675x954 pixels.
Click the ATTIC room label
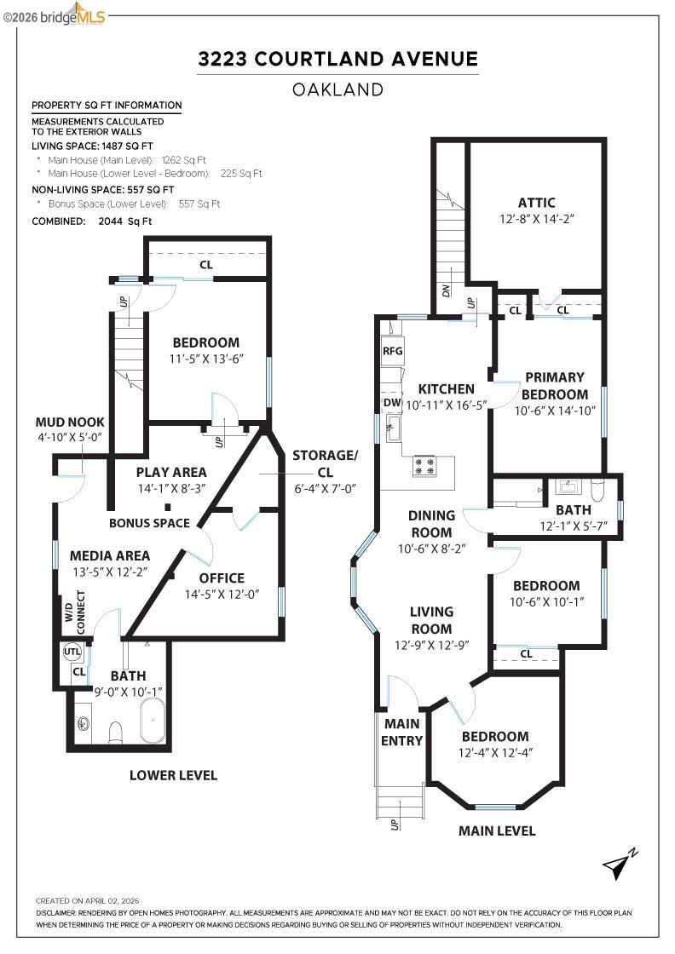coord(536,203)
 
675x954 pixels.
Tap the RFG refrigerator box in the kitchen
coord(392,350)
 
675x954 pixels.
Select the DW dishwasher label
coord(392,402)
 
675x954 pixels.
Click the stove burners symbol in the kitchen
coord(424,466)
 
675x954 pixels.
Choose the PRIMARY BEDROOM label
coord(554,386)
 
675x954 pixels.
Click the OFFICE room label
coord(222,578)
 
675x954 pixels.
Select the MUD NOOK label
coord(70,422)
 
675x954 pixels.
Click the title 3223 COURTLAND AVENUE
coord(337,59)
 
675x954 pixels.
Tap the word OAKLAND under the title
coord(337,89)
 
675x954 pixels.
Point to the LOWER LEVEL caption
coord(173,775)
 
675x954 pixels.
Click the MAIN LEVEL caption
coord(497,830)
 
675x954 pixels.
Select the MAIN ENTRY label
coord(401,732)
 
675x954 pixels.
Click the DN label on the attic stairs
coord(447,290)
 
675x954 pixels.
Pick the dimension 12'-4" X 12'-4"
coord(495,753)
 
